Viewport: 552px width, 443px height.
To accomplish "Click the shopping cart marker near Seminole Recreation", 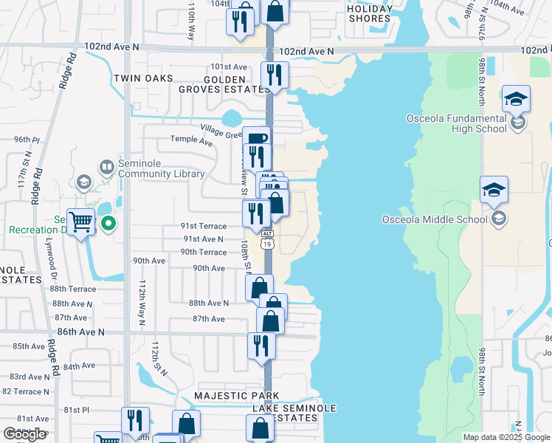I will point(80,221).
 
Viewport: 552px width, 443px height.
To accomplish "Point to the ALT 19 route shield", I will point(267,239).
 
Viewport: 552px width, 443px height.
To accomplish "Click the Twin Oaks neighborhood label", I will point(143,78).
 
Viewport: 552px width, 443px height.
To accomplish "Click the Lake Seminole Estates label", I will point(294,413).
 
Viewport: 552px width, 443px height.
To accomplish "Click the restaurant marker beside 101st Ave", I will point(275,75).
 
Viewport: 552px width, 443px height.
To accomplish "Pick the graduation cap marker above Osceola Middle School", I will point(494,190).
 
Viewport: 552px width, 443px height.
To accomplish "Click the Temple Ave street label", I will point(190,139).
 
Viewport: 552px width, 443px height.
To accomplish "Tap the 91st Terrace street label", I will point(204,227).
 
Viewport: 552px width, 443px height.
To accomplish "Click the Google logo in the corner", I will point(24,434).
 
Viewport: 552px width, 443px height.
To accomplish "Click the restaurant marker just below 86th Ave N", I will point(261,346).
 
